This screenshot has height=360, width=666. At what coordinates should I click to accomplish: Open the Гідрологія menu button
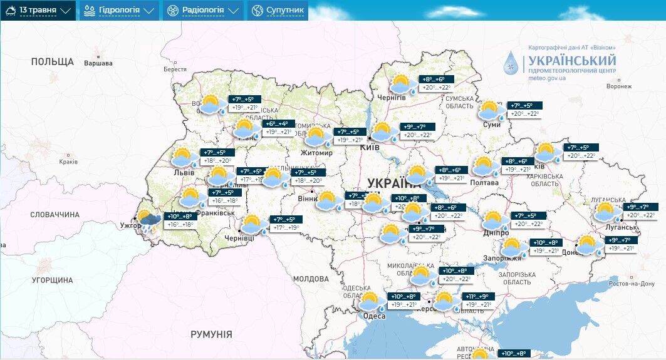click(x=118, y=10)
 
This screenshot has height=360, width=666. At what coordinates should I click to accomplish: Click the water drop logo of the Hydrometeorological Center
click(x=512, y=63)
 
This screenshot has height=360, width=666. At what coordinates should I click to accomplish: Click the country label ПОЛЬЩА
click(x=53, y=62)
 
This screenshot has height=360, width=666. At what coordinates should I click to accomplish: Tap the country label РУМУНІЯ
click(x=211, y=334)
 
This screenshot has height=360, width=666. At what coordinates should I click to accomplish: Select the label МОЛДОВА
click(x=311, y=279)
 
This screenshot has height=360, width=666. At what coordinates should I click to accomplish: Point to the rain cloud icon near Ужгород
click(x=149, y=221)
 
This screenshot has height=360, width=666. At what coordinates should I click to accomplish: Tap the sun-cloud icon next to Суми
click(x=492, y=110)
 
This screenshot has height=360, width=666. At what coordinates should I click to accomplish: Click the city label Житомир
click(x=316, y=152)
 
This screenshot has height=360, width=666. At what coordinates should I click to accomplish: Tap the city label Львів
click(x=184, y=172)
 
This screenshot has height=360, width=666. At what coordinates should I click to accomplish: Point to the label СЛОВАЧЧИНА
click(x=55, y=215)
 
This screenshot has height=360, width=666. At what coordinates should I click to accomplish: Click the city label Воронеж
click(x=619, y=87)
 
